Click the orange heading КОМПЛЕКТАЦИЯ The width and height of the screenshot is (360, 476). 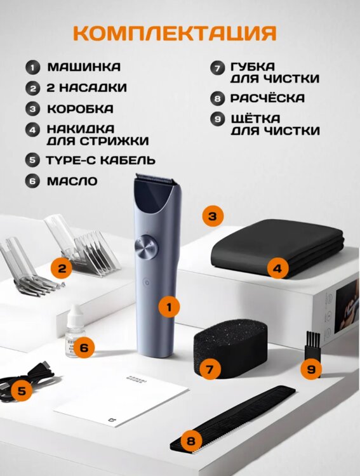click(175, 33)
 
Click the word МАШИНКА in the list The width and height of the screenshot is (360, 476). click(84, 67)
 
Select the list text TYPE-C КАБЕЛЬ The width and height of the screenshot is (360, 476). click(100, 161)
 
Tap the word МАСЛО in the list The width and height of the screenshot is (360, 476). click(72, 182)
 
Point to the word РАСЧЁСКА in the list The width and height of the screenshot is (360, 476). click(267, 98)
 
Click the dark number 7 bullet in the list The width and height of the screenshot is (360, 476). click(217, 67)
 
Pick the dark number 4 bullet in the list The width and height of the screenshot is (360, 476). click(32, 130)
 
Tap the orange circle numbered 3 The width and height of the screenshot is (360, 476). click(213, 216)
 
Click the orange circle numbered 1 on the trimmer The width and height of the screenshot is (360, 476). click(170, 307)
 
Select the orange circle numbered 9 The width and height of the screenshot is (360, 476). click(311, 369)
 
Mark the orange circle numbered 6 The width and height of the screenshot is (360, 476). click(84, 348)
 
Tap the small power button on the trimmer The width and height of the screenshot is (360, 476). click(147, 282)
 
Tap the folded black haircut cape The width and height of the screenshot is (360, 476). click(277, 253)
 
